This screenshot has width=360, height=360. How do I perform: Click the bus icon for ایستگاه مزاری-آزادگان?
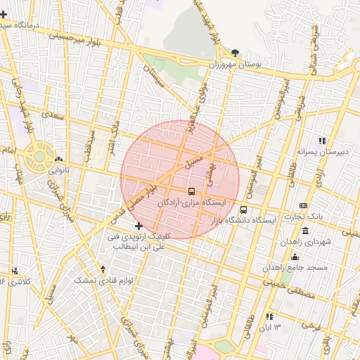(192, 191)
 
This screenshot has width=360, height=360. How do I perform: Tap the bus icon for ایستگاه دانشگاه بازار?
(244, 209)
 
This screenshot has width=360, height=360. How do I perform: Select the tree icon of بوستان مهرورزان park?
(234, 53)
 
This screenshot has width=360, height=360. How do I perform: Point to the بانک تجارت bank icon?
(303, 205)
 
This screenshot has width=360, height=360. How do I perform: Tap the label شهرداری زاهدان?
(306, 242)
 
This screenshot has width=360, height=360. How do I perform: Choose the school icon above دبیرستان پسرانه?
(323, 141)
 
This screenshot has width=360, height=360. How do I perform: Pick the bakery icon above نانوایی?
(58, 160)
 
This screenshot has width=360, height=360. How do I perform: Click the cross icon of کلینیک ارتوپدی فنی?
(139, 226)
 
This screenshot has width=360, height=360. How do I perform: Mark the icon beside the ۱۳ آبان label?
(269, 316)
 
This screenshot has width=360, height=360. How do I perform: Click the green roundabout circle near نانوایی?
(40, 155)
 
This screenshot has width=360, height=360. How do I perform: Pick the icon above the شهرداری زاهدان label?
(305, 231)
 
